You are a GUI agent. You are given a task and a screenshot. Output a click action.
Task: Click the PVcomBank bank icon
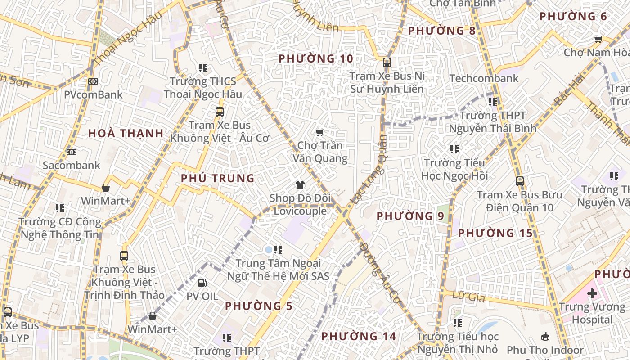(x=93, y=81)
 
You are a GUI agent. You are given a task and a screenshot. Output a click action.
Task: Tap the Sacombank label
(x=72, y=165)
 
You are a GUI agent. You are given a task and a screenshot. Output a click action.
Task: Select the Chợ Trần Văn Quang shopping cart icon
(x=319, y=132)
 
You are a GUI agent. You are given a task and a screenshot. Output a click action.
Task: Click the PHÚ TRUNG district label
(x=218, y=178)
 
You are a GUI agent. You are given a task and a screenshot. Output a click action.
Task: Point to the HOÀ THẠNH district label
(x=126, y=133)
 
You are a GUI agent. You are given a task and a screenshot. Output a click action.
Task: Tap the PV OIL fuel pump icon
(x=202, y=283)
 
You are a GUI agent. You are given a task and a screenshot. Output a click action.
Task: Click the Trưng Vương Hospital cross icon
(x=592, y=294)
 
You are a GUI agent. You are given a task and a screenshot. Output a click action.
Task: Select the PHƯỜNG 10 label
(x=316, y=58)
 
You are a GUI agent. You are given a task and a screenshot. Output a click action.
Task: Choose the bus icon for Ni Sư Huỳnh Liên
(x=387, y=63)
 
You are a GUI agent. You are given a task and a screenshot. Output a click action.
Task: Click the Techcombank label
(x=484, y=78)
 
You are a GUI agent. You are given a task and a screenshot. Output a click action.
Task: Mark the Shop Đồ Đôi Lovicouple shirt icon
(x=300, y=184)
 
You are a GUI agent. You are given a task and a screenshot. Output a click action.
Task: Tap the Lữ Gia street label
(x=470, y=297)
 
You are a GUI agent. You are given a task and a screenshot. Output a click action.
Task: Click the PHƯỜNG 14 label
(x=359, y=336)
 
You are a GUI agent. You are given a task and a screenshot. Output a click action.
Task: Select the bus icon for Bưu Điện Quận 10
(x=520, y=181)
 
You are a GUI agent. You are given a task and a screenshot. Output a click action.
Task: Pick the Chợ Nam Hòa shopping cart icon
(x=598, y=39)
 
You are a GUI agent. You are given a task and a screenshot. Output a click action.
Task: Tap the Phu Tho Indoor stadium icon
(x=545, y=336)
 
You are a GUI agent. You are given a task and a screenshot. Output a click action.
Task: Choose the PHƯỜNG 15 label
(x=495, y=233)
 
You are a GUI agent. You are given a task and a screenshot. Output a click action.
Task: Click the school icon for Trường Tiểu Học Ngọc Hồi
(x=454, y=149)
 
